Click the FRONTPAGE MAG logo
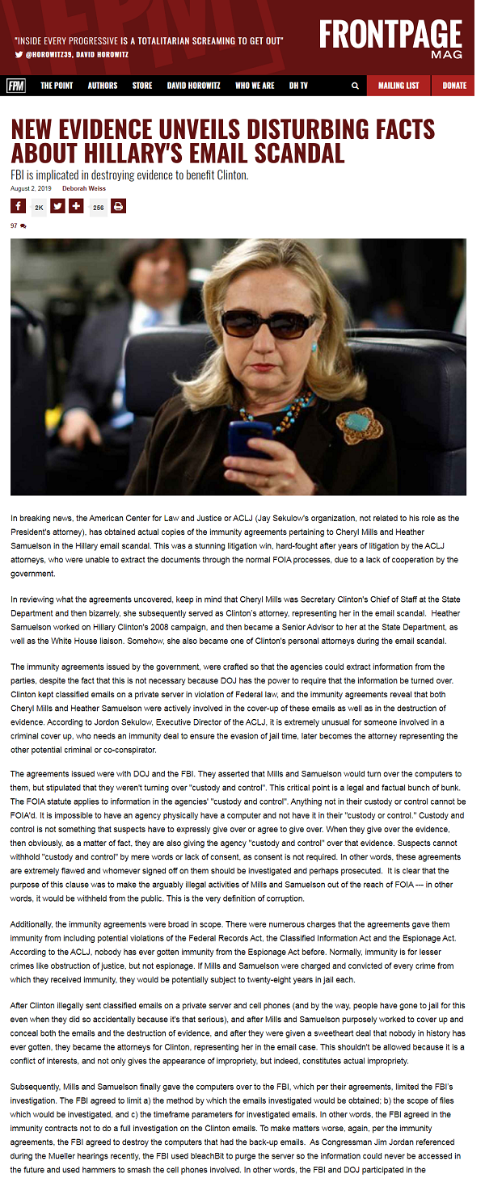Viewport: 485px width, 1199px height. point(391,37)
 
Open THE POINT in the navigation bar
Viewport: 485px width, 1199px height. point(57,86)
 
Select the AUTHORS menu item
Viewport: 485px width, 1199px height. point(103,86)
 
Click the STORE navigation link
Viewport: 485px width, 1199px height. point(142,86)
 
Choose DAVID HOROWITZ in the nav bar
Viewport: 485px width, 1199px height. point(193,86)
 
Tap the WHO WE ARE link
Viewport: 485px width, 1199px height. point(255,86)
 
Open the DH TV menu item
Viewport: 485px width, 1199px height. point(299,86)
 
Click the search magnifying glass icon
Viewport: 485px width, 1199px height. point(355,86)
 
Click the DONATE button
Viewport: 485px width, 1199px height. point(454,86)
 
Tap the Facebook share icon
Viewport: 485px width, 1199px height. point(19,206)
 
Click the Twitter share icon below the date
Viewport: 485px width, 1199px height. point(57,206)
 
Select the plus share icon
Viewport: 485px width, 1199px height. point(77,206)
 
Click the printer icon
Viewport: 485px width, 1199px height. point(119,206)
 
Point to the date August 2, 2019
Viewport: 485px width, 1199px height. point(31,188)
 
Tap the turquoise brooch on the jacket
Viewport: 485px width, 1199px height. point(358,423)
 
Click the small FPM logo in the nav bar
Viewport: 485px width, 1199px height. point(15,86)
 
